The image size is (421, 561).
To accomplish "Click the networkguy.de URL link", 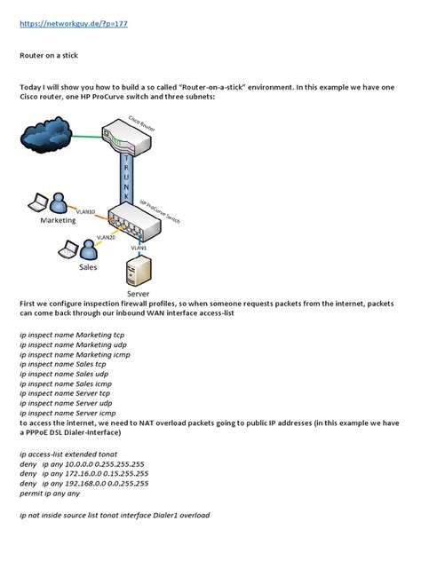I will coord(74,24).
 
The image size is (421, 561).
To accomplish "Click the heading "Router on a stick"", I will coord(49,55).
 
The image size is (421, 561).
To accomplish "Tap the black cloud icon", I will coord(44,137).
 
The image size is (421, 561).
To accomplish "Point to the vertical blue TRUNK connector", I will coord(127,182).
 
